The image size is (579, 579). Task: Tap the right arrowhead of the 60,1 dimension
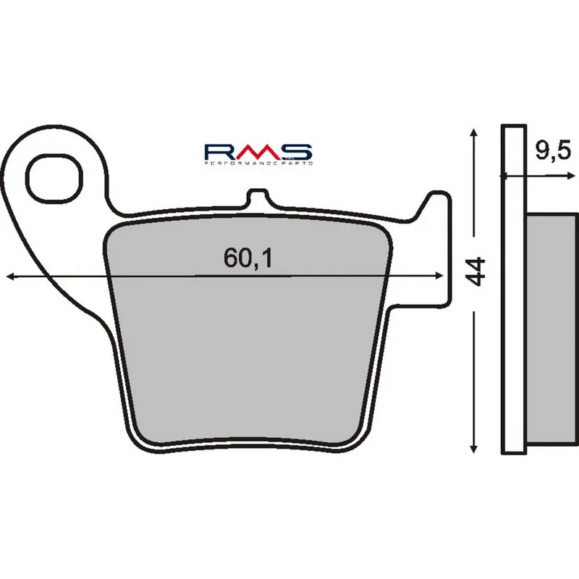(x=439, y=276)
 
